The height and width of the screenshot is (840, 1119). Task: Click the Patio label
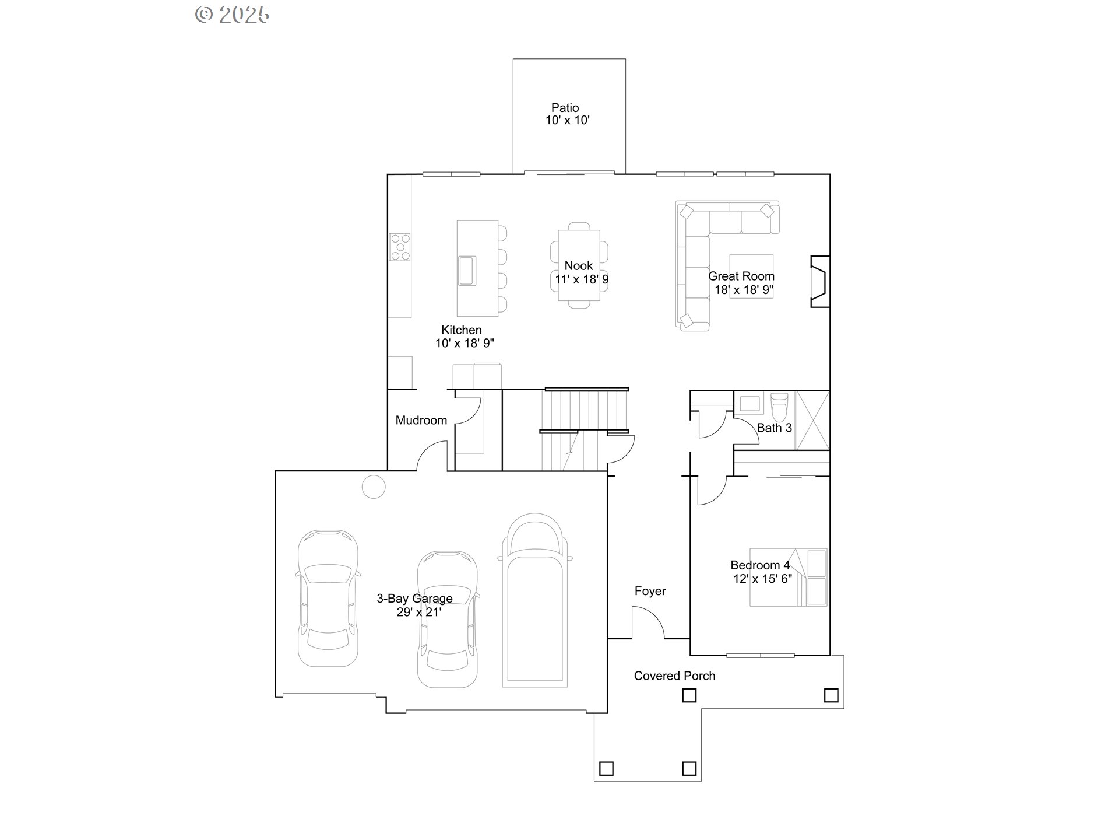click(565, 108)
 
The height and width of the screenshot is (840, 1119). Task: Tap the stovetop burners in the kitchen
click(400, 247)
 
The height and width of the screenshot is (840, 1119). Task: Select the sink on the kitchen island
click(467, 271)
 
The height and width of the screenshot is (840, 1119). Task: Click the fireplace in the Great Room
click(819, 281)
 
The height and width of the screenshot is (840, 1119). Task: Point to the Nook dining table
click(579, 265)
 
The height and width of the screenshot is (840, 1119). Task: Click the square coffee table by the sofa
click(751, 276)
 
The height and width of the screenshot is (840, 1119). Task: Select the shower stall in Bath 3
click(812, 420)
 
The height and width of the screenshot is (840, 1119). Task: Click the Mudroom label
click(421, 421)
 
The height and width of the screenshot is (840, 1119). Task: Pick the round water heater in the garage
click(374, 487)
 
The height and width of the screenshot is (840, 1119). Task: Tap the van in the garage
click(535, 601)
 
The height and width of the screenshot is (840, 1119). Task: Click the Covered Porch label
click(674, 676)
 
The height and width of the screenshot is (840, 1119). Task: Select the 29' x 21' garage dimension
click(418, 612)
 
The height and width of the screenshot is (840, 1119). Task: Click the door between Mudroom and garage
click(432, 456)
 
